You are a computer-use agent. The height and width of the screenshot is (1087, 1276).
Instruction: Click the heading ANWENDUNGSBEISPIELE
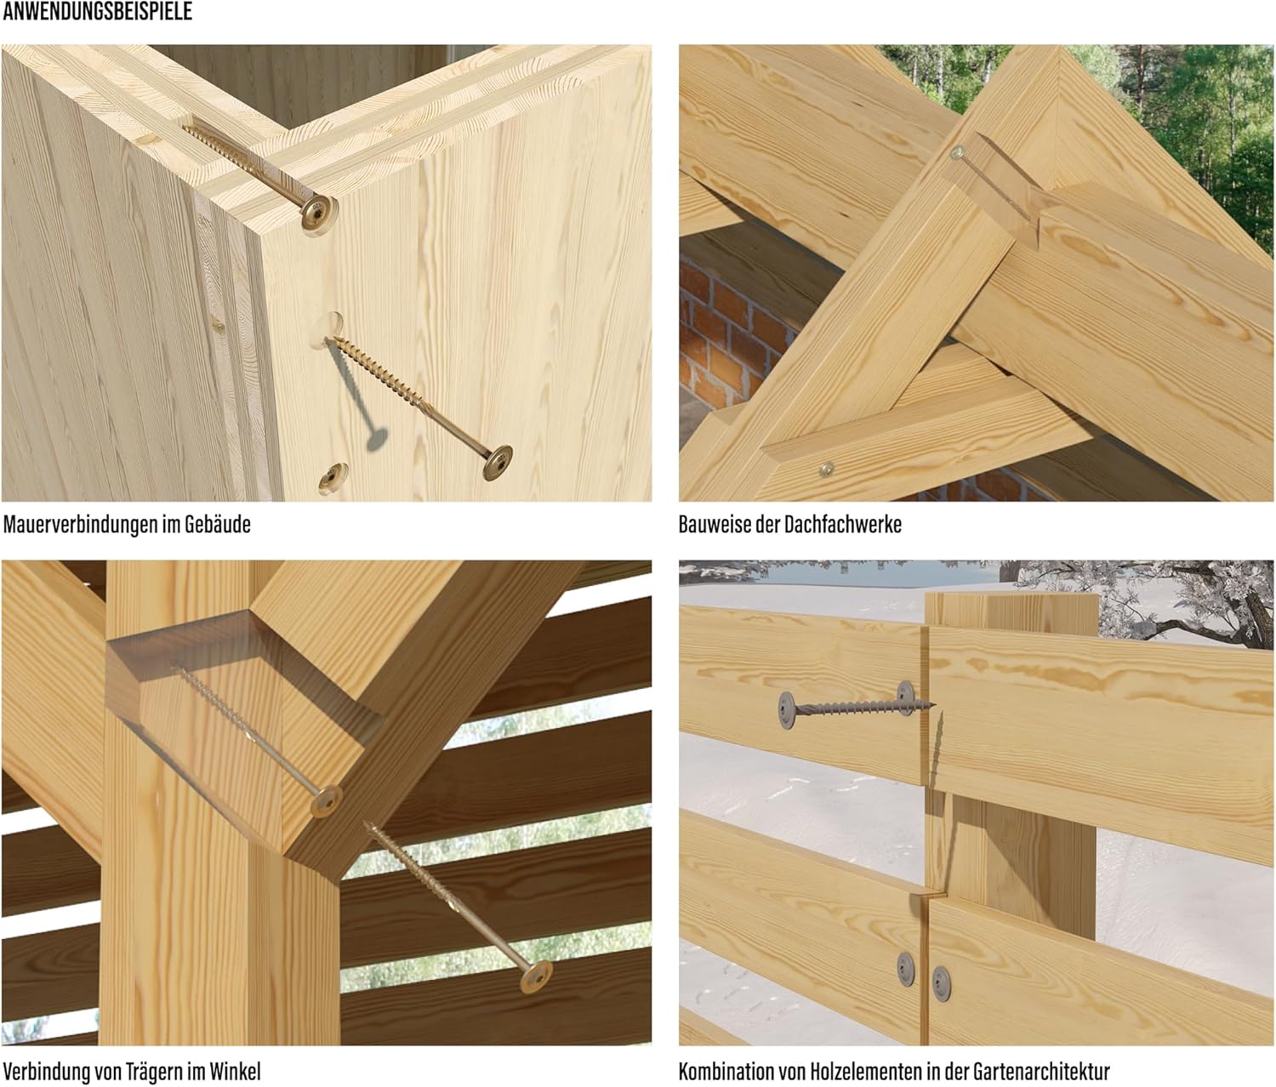pos(98,12)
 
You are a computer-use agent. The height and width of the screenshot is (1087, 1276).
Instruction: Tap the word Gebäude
pos(217,525)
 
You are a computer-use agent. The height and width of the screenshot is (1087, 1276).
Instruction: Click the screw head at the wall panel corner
pos(319,212)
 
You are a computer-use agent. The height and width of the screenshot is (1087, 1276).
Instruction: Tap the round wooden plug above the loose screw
pos(328,330)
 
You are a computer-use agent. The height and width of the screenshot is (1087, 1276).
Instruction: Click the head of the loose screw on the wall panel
pos(498,463)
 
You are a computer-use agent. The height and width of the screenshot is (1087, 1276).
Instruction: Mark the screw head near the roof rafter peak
pos(957,152)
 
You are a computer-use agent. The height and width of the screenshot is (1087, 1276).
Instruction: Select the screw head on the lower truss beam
pos(826,470)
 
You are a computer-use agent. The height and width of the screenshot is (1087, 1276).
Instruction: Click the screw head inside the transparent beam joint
pos(327,801)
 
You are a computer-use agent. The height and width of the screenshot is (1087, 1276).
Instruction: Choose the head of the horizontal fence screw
pos(787,710)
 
